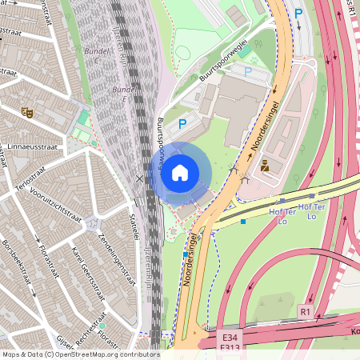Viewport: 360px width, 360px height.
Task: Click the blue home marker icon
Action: [x=180, y=172]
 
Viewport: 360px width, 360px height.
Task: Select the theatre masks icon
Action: [x=26, y=113]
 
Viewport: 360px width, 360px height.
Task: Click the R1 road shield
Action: [x=306, y=310]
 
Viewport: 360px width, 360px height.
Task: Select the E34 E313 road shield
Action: [x=231, y=339]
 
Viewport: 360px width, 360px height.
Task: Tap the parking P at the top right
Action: [x=298, y=13]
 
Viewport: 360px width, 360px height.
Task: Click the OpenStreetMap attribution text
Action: [x=80, y=354]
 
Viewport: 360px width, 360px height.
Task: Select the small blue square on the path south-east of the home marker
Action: [x=243, y=221]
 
